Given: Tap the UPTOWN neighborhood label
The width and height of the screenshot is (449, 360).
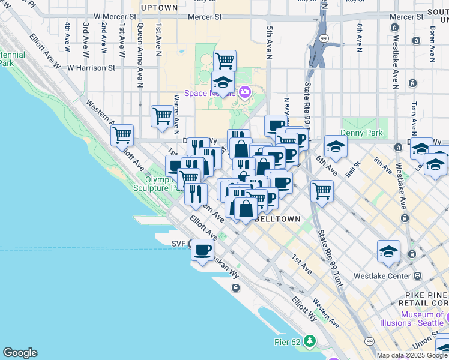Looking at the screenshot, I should pyautogui.click(x=159, y=8).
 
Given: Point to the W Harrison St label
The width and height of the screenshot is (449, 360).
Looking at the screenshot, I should pyautogui.click(x=91, y=68).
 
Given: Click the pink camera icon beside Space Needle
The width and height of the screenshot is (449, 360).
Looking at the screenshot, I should pyautogui.click(x=244, y=92).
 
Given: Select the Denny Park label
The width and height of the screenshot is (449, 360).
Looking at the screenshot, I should pyautogui.click(x=357, y=132).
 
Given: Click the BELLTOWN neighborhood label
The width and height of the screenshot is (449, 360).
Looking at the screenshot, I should pyautogui.click(x=277, y=219).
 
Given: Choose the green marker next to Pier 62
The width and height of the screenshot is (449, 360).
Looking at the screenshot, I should pyautogui.click(x=310, y=341).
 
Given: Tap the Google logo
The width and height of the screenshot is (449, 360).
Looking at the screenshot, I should pyautogui.click(x=20, y=353).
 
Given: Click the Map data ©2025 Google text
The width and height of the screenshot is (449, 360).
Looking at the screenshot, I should pyautogui.click(x=411, y=355).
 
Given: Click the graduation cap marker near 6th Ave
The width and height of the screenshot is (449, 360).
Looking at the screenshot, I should pyautogui.click(x=336, y=145).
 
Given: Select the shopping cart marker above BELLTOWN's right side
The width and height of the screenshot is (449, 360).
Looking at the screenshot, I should pyautogui.click(x=322, y=191).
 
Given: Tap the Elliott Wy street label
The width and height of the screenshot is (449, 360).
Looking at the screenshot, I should pyautogui.click(x=301, y=305).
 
